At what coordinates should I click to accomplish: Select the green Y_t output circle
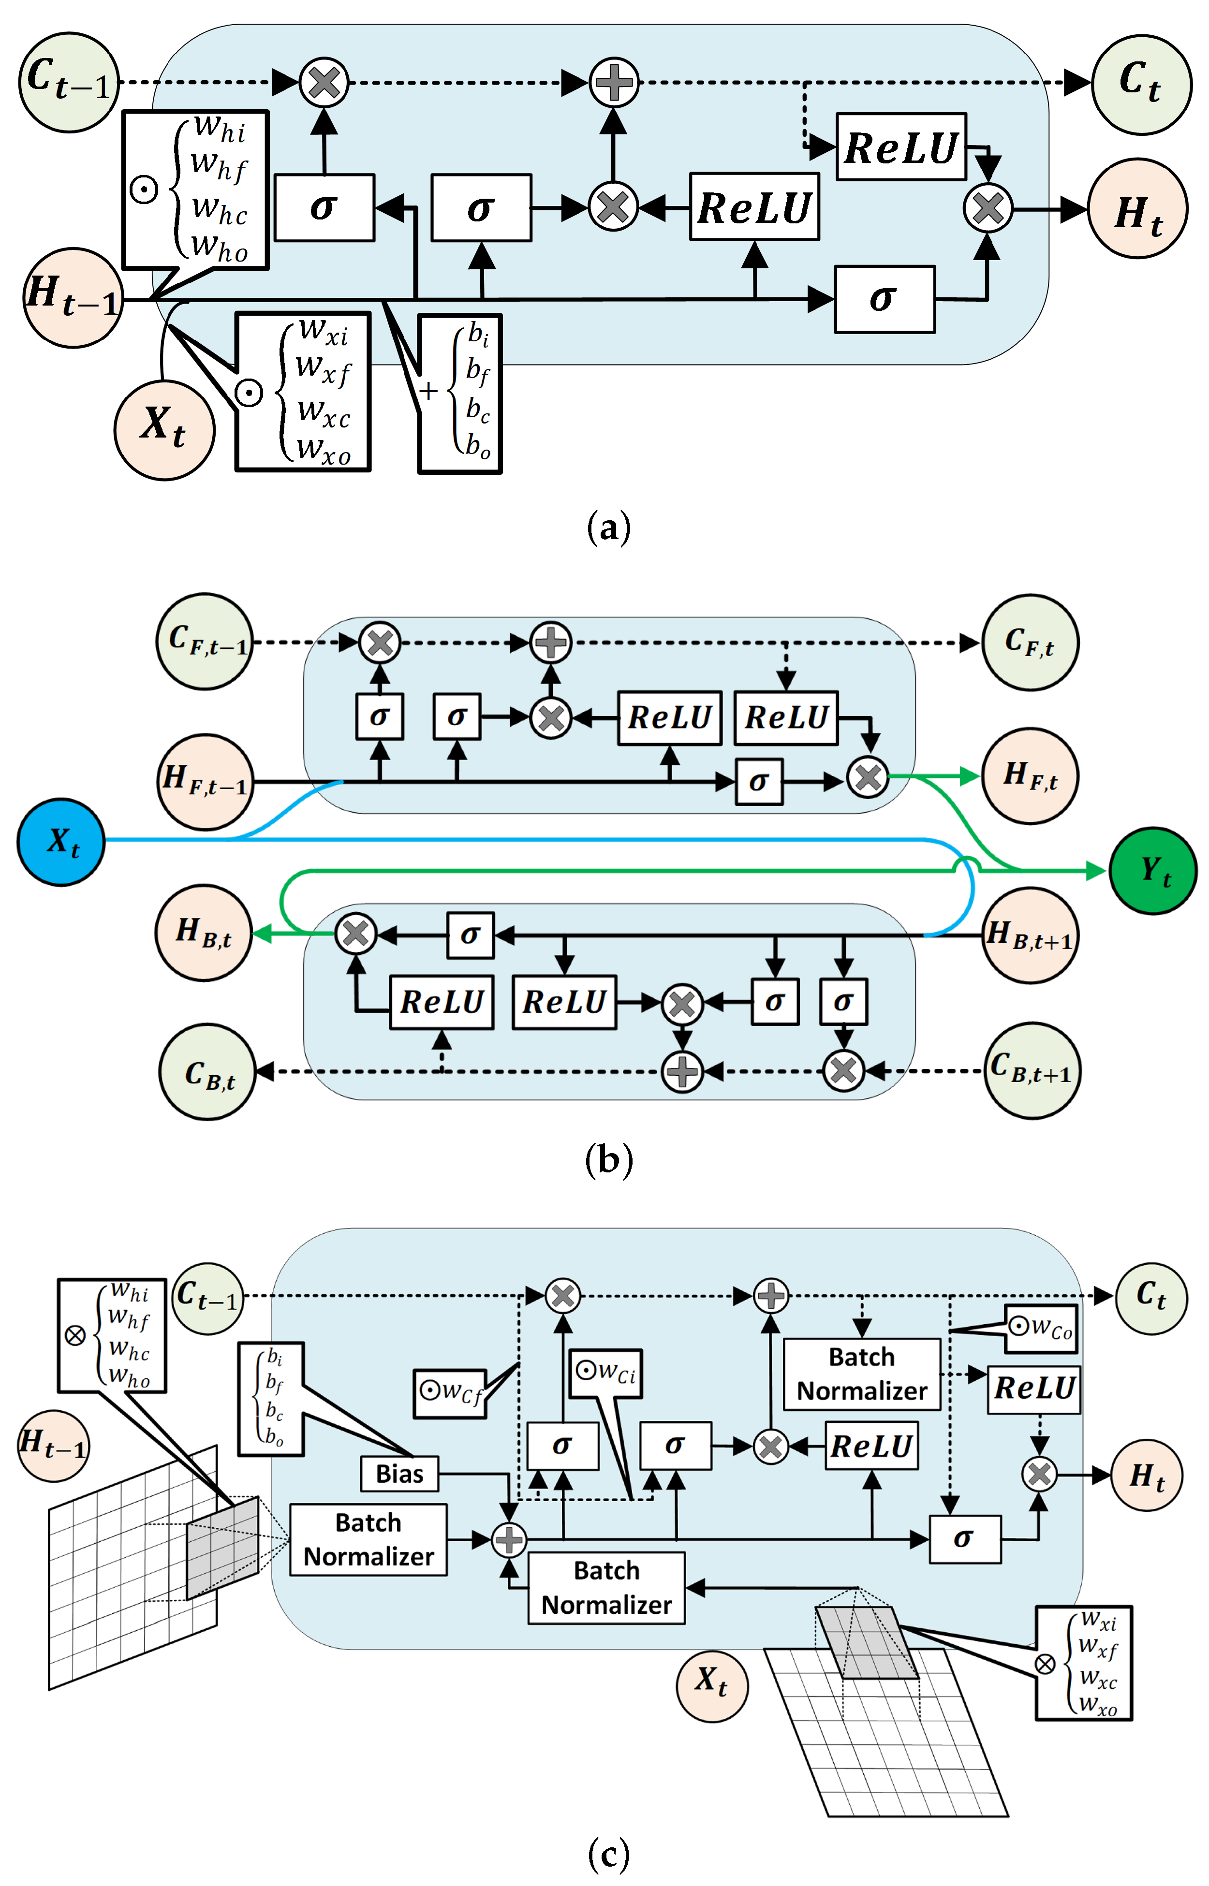[1152, 870]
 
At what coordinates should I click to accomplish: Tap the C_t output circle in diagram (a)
[1141, 84]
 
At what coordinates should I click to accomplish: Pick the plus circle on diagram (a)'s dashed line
[613, 82]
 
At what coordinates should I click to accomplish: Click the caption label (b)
[608, 1159]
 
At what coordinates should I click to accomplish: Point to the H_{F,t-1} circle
[206, 781]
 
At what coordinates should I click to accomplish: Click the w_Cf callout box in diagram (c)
[450, 1393]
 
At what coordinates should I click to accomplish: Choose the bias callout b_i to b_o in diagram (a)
[460, 393]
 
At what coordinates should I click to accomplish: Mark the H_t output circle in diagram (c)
[1146, 1476]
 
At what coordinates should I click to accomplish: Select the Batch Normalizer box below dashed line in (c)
[861, 1374]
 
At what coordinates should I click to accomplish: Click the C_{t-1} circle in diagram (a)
[69, 82]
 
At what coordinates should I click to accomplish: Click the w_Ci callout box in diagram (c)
[606, 1374]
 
